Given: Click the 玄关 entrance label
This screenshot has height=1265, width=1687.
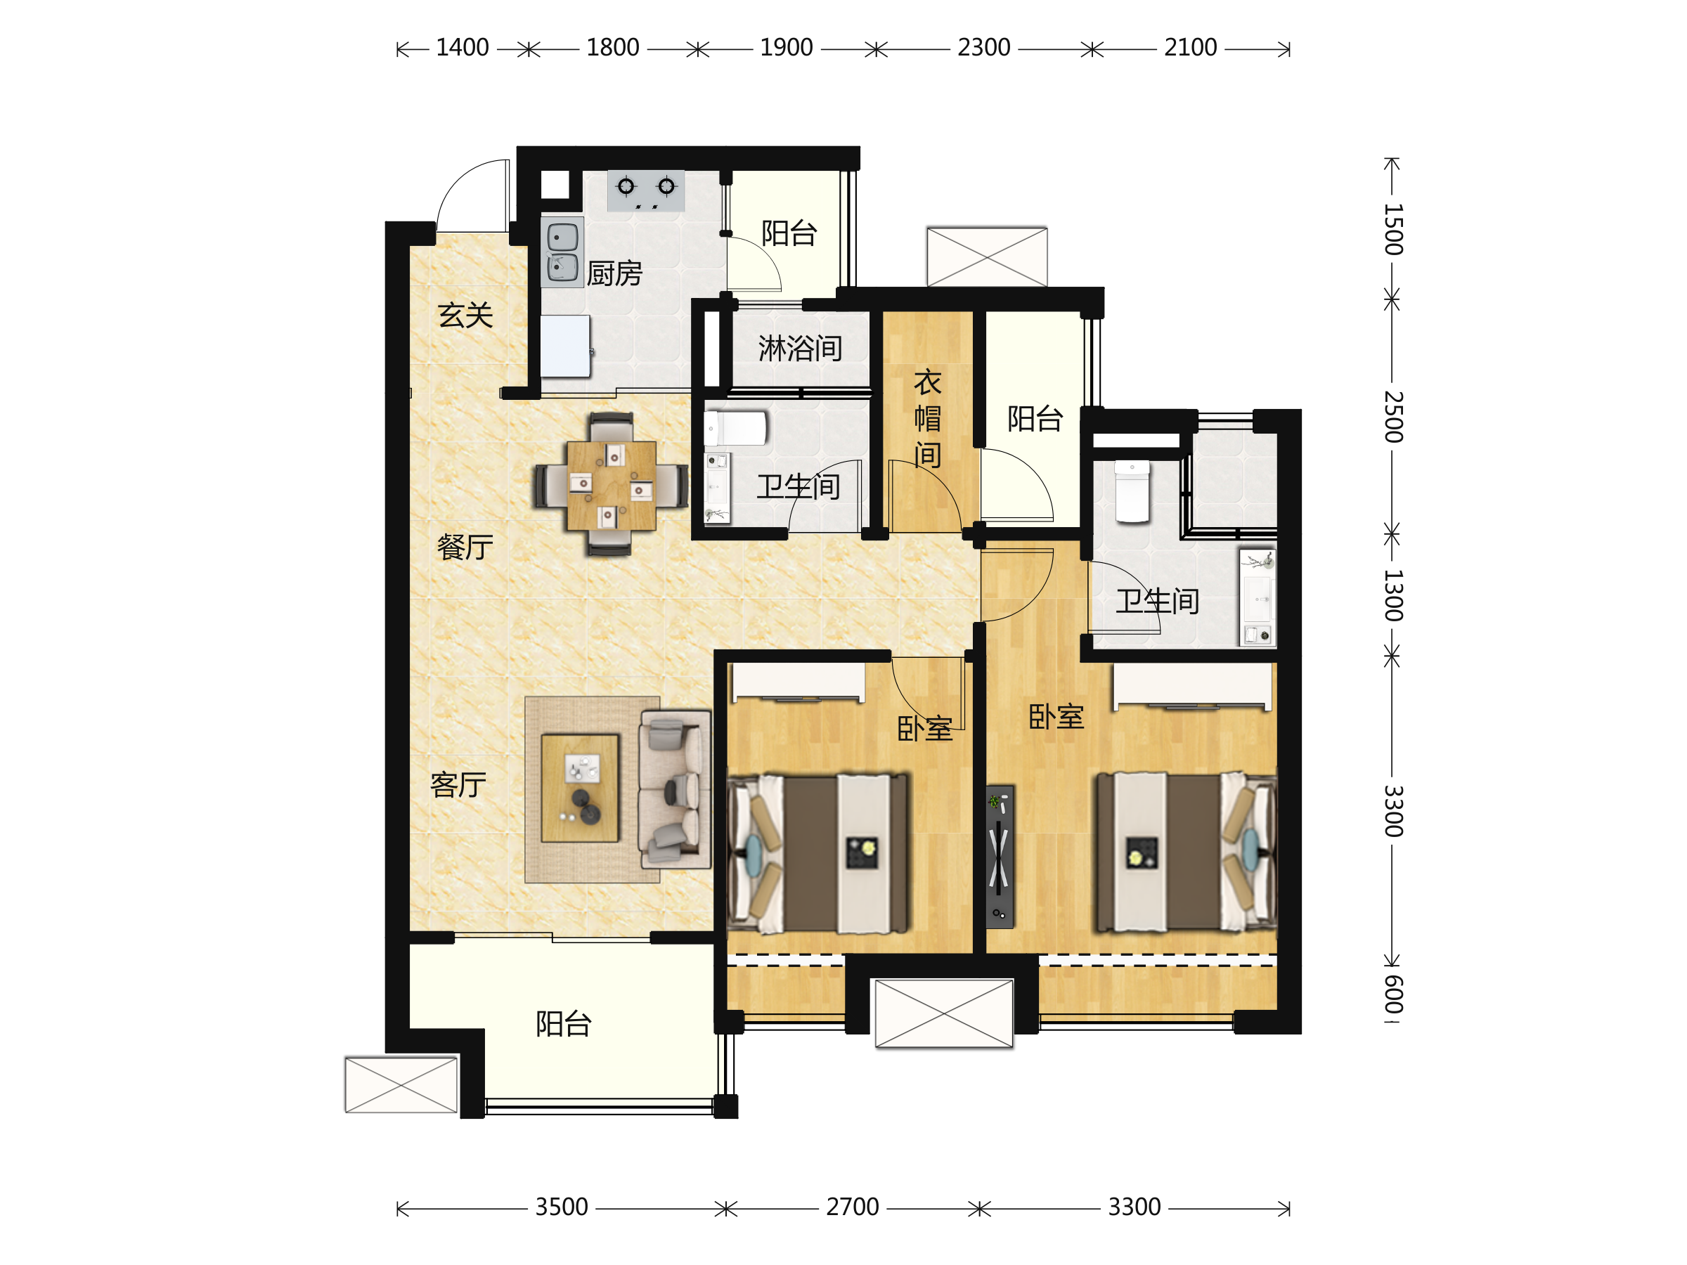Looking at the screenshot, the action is pos(465,315).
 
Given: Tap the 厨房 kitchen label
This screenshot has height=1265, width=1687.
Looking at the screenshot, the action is pos(615,273).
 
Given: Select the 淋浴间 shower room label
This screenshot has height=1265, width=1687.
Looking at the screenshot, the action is pos(800,349).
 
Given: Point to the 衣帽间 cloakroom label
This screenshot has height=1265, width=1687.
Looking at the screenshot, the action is pos(927,419).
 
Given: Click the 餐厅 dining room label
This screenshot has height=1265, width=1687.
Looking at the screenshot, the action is pos(465,547).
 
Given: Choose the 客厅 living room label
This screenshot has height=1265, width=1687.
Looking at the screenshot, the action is pos(458,784).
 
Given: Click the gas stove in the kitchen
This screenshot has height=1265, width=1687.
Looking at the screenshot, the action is pos(646,190).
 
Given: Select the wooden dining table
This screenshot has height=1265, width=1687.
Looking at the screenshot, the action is pos(612,486).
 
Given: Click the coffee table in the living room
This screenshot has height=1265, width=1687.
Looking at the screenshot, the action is pos(580,789).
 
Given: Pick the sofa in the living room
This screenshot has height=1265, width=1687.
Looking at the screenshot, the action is pos(675,789).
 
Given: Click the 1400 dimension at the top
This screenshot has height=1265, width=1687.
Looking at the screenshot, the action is pos(463,47).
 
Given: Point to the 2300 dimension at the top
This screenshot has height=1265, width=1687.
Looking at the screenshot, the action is pos(984,47).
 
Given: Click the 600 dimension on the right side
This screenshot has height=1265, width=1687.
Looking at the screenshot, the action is pos(1393,994).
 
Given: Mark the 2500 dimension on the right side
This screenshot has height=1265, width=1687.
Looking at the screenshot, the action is pos(1393,416).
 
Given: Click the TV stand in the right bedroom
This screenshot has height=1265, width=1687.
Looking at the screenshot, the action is pos(1000,857).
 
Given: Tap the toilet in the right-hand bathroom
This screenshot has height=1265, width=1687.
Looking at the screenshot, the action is pos(1132,491).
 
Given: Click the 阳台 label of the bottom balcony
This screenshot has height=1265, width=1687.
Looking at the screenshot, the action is pos(564,1024).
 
